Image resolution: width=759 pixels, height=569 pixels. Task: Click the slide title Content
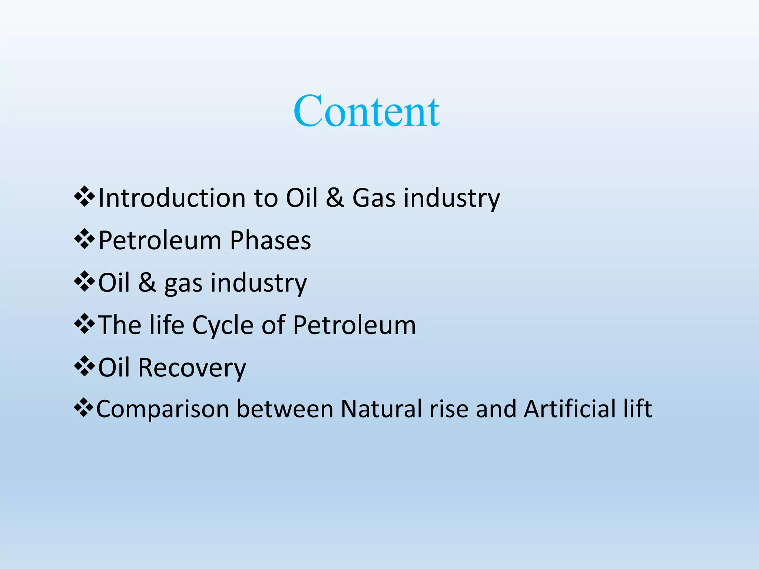(x=366, y=111)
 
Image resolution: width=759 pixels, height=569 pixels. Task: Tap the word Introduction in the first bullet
(x=172, y=198)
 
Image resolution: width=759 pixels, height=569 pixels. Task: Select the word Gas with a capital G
(x=374, y=198)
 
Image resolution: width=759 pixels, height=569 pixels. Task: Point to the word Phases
(x=270, y=241)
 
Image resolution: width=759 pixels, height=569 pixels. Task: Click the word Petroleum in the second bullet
(x=159, y=241)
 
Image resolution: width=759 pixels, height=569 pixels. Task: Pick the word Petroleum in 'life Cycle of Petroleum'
(x=354, y=325)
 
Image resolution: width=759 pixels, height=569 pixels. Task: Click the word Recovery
(x=192, y=368)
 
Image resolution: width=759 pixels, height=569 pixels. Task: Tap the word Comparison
(x=162, y=410)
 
